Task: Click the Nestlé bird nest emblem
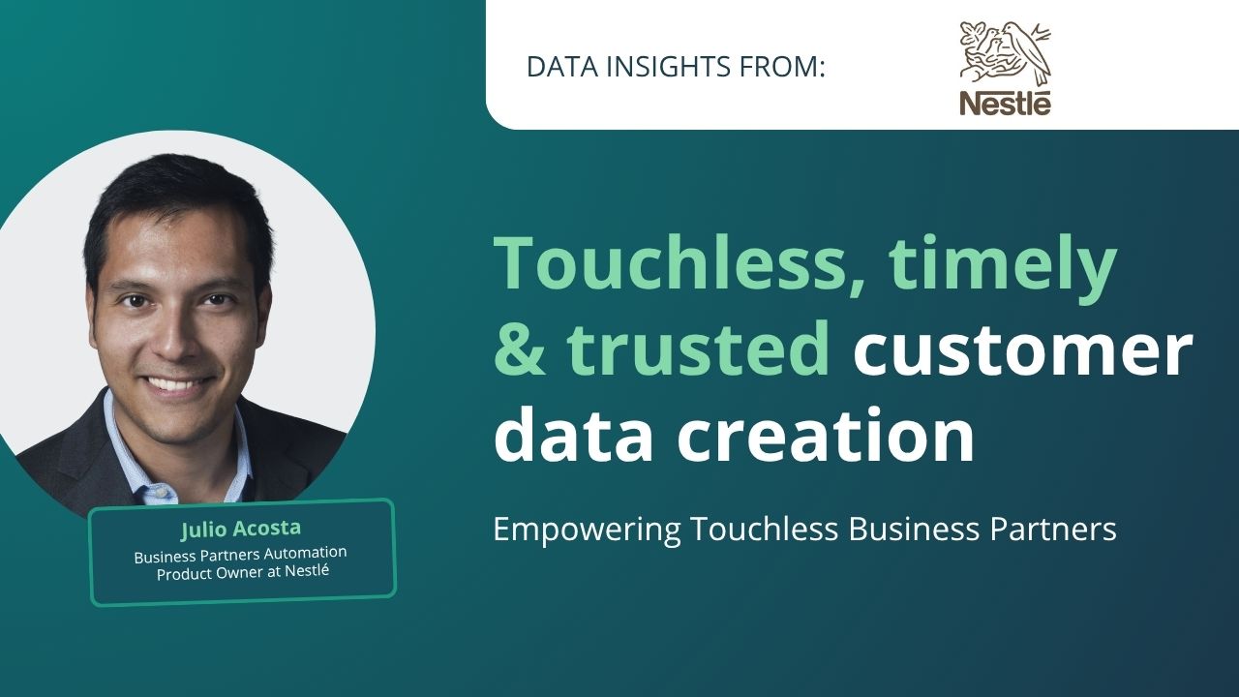pos(1005,53)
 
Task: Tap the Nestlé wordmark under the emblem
pos(1005,104)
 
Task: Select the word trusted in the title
pos(697,348)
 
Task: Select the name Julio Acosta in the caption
pos(241,529)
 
